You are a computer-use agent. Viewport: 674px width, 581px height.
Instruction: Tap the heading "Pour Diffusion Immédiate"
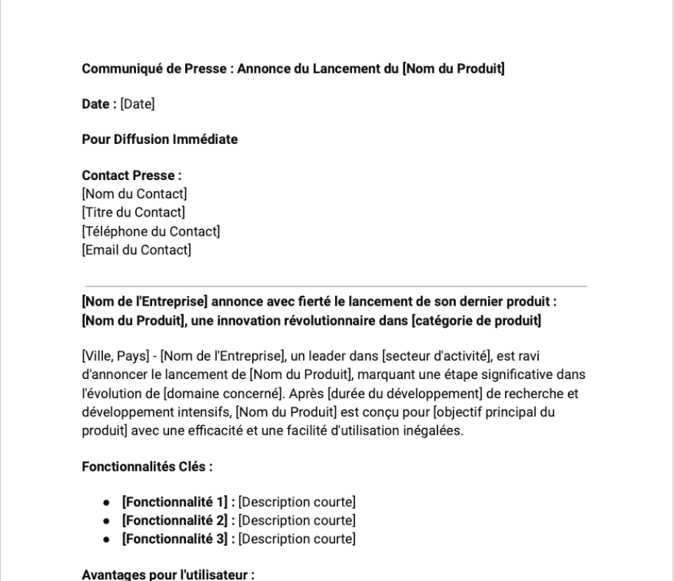(159, 140)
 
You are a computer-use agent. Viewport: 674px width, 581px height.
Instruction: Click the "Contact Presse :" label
(132, 176)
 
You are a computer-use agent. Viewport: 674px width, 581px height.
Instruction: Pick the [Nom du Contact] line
(135, 195)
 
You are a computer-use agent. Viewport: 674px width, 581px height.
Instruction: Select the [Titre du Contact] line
(133, 213)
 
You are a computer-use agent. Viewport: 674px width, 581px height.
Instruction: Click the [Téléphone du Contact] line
(151, 232)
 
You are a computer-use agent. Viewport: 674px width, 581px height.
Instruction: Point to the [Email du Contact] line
(136, 250)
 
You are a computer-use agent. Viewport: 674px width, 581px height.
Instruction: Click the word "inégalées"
(437, 430)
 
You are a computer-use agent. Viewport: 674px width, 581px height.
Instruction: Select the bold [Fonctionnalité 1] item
(176, 502)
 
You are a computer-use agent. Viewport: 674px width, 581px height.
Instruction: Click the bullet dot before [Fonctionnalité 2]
(108, 521)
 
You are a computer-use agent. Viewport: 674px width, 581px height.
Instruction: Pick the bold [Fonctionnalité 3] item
(176, 539)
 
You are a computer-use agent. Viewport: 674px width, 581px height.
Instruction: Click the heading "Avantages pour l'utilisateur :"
(168, 574)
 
